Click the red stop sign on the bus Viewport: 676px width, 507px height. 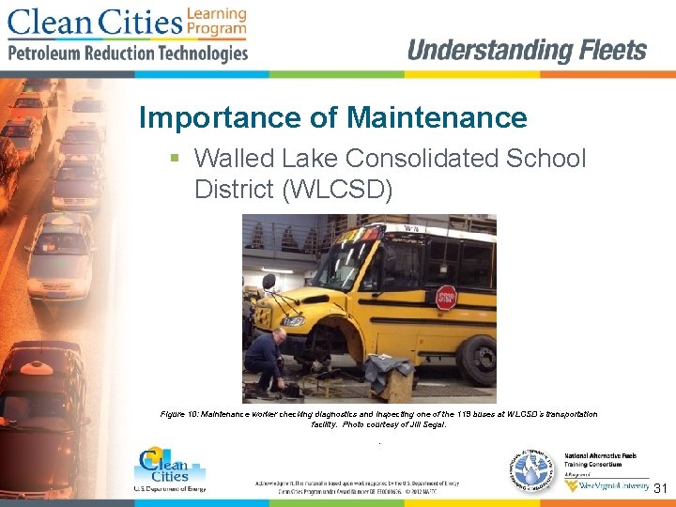[446, 298]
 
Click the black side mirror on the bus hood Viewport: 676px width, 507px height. [269, 281]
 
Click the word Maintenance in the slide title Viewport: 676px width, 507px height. [437, 117]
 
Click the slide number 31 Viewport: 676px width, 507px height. [660, 488]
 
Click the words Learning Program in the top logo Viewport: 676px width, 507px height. [217, 22]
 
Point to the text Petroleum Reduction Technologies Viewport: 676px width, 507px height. [128, 54]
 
